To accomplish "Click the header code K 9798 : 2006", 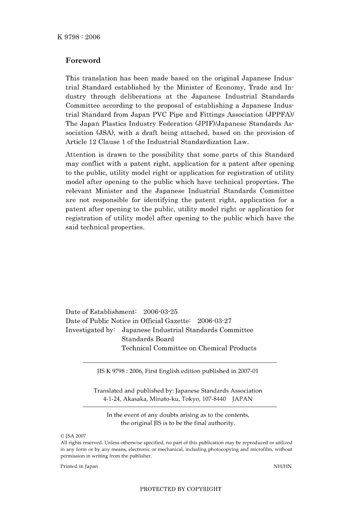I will point(79,37).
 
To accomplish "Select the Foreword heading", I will point(83,60).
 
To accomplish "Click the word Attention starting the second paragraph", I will point(80,155).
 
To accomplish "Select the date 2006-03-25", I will point(160,312).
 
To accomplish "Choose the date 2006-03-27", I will point(214,321).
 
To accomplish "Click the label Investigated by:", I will point(90,330).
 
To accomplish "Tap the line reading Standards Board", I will point(148,339).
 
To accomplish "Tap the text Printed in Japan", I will point(79,466).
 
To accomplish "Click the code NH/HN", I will point(282,466).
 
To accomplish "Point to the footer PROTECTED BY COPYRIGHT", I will point(180,489).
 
